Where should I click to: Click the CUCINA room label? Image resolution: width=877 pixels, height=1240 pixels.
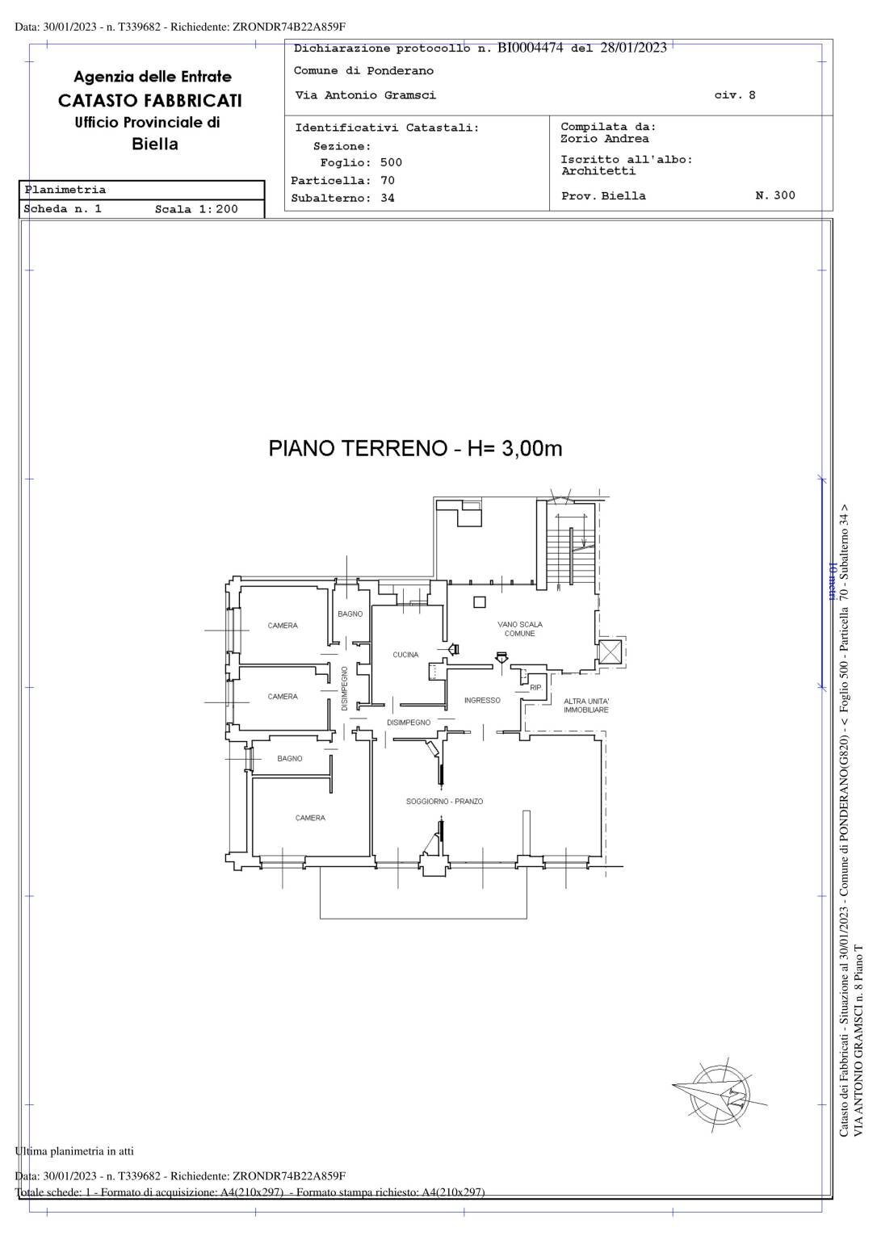point(405,655)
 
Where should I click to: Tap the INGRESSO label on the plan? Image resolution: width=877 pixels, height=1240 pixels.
point(482,701)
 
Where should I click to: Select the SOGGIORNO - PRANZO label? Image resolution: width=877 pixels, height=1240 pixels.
point(444,802)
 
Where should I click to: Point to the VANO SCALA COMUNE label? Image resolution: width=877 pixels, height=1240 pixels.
point(520,629)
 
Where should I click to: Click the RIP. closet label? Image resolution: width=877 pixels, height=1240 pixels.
point(535,688)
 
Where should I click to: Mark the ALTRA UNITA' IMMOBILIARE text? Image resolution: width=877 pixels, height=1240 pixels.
point(586,706)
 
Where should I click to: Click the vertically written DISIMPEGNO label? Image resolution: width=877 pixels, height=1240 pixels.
point(345,688)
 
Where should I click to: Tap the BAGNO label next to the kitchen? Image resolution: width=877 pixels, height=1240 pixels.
point(350,614)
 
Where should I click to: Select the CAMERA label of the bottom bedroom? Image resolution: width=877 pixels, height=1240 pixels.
point(310,818)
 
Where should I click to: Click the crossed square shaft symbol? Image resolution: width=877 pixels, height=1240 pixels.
point(610,652)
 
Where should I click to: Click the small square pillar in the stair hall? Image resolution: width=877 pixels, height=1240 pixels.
point(480,601)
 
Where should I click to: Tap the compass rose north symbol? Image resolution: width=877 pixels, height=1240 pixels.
point(719,1095)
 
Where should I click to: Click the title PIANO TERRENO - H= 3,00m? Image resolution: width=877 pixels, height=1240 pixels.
point(415,449)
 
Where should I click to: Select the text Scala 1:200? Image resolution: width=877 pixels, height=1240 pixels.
point(196,209)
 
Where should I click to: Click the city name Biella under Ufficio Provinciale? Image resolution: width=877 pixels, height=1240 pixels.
point(154,145)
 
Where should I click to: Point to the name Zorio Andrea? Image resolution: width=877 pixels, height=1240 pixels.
point(604,139)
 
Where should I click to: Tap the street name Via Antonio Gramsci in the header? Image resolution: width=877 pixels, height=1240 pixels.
point(366,95)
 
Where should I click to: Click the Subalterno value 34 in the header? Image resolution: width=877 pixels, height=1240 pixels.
point(388,199)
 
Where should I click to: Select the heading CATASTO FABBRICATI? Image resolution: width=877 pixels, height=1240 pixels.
point(150,101)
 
